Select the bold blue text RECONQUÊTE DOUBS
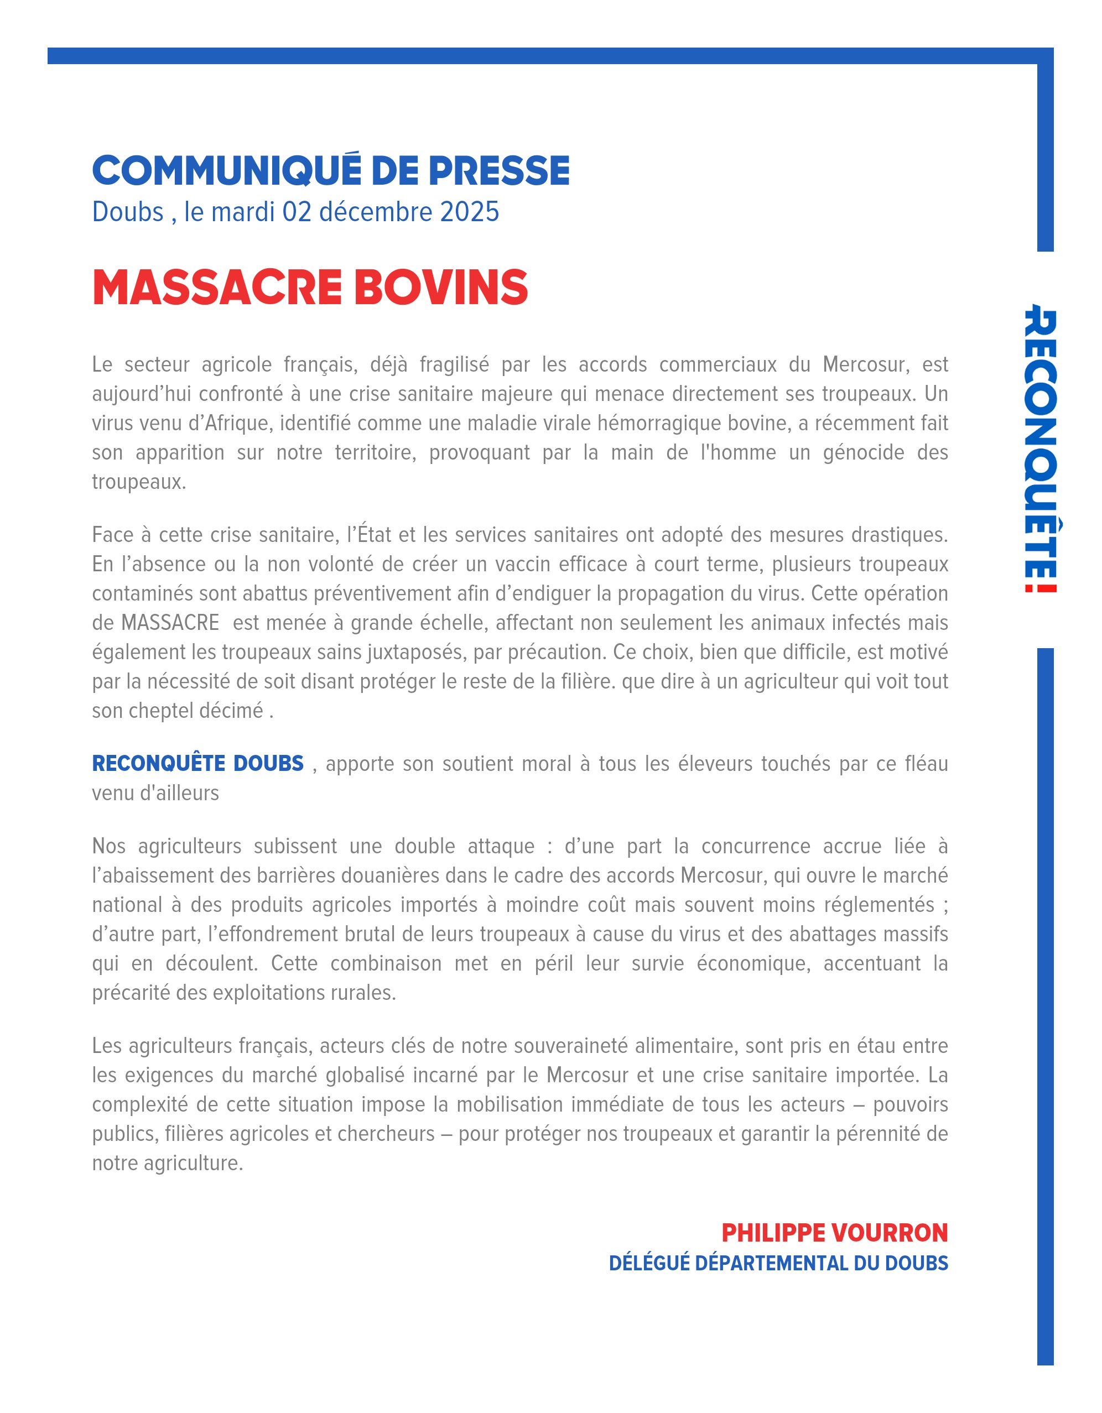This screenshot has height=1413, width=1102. point(197,763)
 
